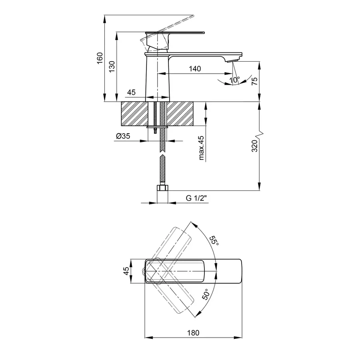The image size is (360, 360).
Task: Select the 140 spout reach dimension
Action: pyautogui.click(x=194, y=69)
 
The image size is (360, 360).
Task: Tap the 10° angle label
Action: pyautogui.click(x=235, y=80)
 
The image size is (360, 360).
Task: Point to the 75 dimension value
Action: pyautogui.click(x=254, y=82)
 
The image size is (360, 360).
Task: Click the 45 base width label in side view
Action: pyautogui.click(x=131, y=92)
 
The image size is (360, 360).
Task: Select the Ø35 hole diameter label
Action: pyautogui.click(x=123, y=136)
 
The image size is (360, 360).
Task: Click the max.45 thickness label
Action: pyautogui.click(x=201, y=148)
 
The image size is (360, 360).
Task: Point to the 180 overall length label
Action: pyautogui.click(x=193, y=333)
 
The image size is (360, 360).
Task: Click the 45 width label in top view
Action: pyautogui.click(x=126, y=271)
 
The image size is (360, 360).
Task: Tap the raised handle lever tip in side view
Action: pyautogui.click(x=192, y=17)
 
